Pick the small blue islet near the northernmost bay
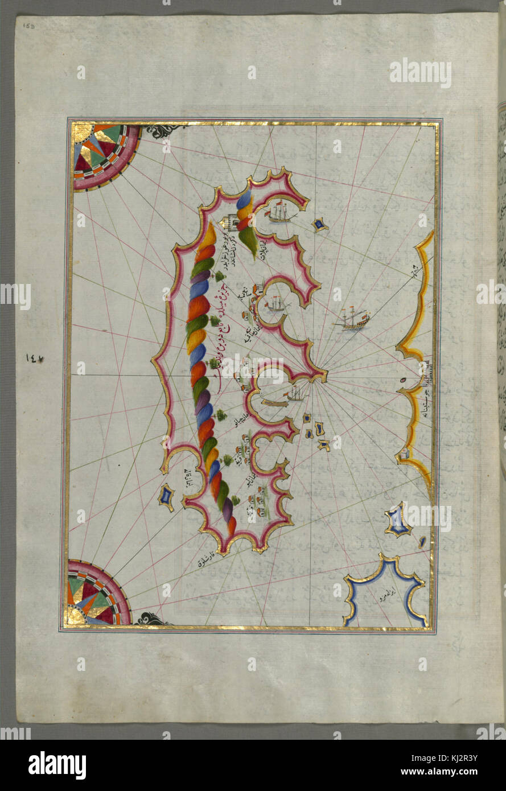click(x=320, y=225)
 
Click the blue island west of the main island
click(x=166, y=496)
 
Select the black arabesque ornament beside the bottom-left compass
click(x=149, y=619)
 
